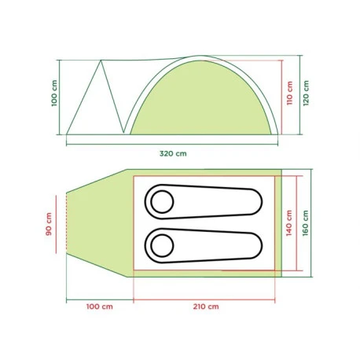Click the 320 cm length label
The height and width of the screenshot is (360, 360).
click(173, 153)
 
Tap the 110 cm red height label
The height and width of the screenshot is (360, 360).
click(289, 93)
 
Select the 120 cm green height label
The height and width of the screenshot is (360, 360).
click(306, 93)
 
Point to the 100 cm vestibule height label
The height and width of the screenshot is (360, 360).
click(54, 93)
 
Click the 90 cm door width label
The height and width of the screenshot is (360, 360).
click(49, 224)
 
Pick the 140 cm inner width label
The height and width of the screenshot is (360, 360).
click(289, 223)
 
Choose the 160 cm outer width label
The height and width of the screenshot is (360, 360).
click(306, 223)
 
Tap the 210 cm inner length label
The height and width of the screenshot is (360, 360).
click(206, 307)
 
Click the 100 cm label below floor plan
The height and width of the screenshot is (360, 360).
click(100, 307)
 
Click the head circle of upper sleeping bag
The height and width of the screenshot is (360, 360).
click(162, 202)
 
